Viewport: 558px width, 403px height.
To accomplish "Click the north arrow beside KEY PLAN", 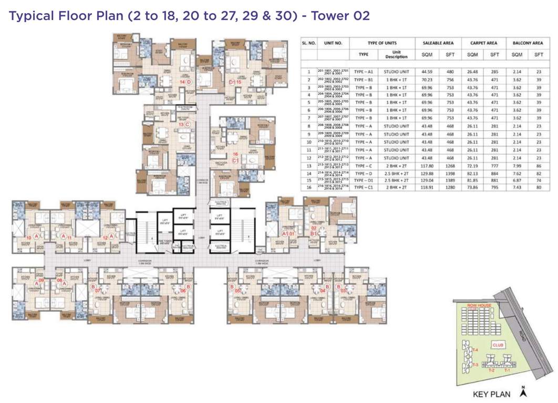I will [523, 391].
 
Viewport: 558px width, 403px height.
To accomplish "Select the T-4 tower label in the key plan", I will [474, 350].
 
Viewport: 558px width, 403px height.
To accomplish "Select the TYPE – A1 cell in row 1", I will [363, 71].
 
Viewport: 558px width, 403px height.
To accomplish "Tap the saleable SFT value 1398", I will [450, 174].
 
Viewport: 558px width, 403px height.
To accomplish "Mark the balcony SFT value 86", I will [539, 166].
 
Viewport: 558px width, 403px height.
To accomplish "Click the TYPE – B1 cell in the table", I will [363, 79].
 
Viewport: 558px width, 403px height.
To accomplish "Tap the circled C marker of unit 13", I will [188, 124].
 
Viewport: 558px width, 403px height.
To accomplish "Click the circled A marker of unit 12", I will [111, 238].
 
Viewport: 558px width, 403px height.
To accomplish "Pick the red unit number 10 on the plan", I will [29, 238].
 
